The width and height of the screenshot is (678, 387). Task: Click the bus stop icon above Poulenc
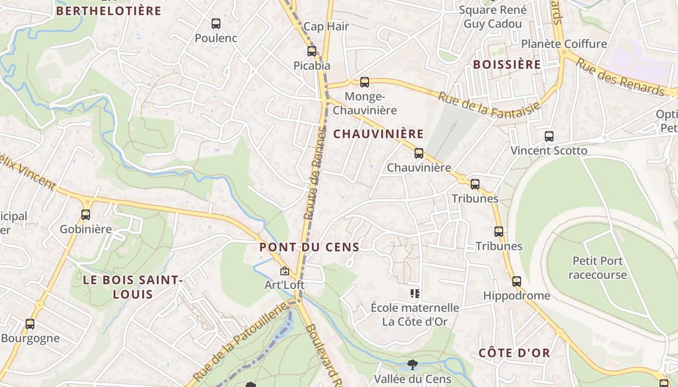click(216, 23)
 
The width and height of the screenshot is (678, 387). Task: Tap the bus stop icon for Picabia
click(312, 51)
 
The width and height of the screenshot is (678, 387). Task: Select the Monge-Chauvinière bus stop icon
click(365, 82)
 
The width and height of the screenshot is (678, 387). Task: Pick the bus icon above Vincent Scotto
click(549, 136)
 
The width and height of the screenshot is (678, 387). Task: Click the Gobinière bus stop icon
click(86, 214)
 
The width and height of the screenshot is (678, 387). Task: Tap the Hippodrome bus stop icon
click(517, 281)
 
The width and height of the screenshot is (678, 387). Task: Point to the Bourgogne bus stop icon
click(30, 324)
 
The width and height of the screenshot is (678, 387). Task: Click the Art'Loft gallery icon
click(285, 271)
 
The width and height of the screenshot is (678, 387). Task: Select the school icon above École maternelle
click(415, 293)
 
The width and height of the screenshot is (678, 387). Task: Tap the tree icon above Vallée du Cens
click(413, 364)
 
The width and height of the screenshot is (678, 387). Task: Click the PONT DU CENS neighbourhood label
click(309, 247)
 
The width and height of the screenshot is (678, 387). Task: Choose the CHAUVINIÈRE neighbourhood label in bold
click(379, 134)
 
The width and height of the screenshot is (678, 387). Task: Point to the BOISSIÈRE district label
click(507, 65)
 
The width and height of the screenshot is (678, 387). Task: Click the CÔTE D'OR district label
click(514, 353)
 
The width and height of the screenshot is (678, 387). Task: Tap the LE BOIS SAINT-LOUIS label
click(133, 287)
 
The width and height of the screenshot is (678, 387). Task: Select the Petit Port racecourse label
click(598, 268)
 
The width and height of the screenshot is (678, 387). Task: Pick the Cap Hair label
click(326, 27)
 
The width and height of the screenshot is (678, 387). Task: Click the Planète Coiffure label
click(564, 44)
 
